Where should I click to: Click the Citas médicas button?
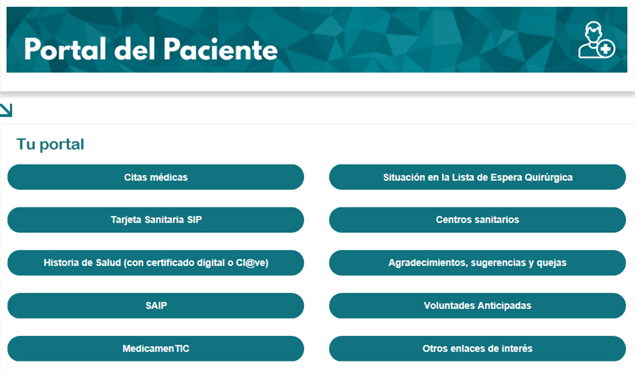[x=155, y=177]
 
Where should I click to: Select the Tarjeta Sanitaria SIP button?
[x=155, y=220]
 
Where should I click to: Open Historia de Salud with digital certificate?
[x=155, y=263]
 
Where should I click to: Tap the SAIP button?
[x=155, y=306]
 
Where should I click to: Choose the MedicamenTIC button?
[x=155, y=348]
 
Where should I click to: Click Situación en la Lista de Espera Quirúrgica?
[x=477, y=177]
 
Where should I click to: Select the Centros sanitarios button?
[x=477, y=220]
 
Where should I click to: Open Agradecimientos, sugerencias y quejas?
[x=477, y=263]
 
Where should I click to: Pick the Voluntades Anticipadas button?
[x=477, y=306]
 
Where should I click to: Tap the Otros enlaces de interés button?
[x=477, y=348]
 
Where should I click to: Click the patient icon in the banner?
[x=596, y=40]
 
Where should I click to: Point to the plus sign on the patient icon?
[x=606, y=49]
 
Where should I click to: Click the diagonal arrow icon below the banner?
[x=6, y=110]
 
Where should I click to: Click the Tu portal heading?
[x=50, y=144]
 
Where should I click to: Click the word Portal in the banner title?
[x=65, y=50]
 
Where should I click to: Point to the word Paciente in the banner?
[x=221, y=50]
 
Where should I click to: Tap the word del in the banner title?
[x=135, y=50]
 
